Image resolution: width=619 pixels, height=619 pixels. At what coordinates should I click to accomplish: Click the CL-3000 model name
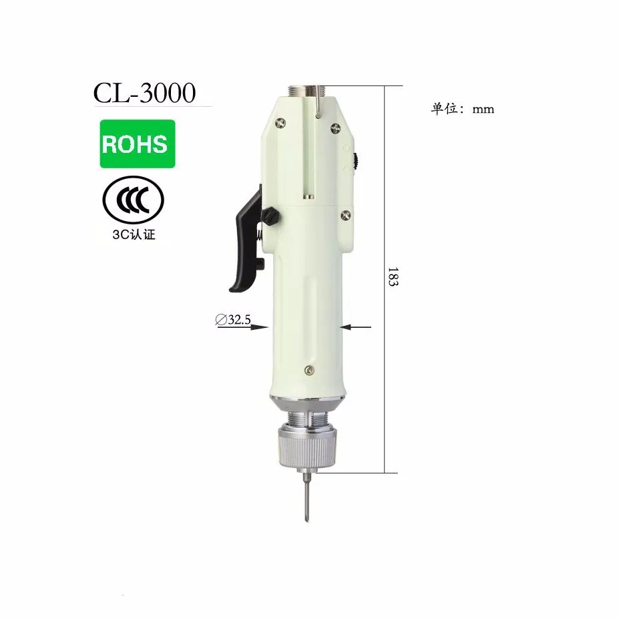tap(144, 93)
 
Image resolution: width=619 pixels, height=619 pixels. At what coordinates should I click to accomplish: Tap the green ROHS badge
tap(138, 144)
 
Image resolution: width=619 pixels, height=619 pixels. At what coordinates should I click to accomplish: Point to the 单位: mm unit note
tap(462, 110)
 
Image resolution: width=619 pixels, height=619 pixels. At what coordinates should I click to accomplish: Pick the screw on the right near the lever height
tap(345, 214)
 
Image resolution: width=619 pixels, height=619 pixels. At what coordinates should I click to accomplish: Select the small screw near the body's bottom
tap(307, 369)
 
